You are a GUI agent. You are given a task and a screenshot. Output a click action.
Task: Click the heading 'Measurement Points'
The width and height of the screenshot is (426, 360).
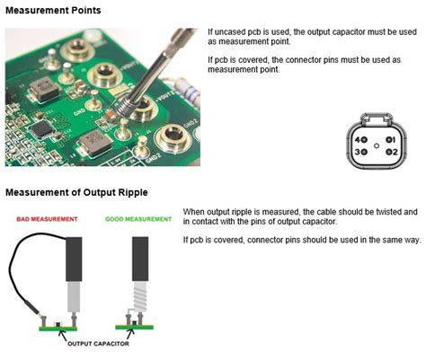tap(53, 11)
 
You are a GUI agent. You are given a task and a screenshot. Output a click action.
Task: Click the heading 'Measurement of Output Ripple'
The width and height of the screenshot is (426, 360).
tap(75, 192)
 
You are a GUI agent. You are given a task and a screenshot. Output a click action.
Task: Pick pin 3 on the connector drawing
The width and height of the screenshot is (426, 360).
tap(361, 153)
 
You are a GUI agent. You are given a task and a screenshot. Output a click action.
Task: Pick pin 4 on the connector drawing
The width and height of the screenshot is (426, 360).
tap(361, 139)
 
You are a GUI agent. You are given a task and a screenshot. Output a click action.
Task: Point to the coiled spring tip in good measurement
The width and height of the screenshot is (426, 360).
tap(139, 297)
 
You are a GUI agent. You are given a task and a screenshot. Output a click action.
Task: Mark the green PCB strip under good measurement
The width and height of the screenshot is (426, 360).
tap(135, 327)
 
